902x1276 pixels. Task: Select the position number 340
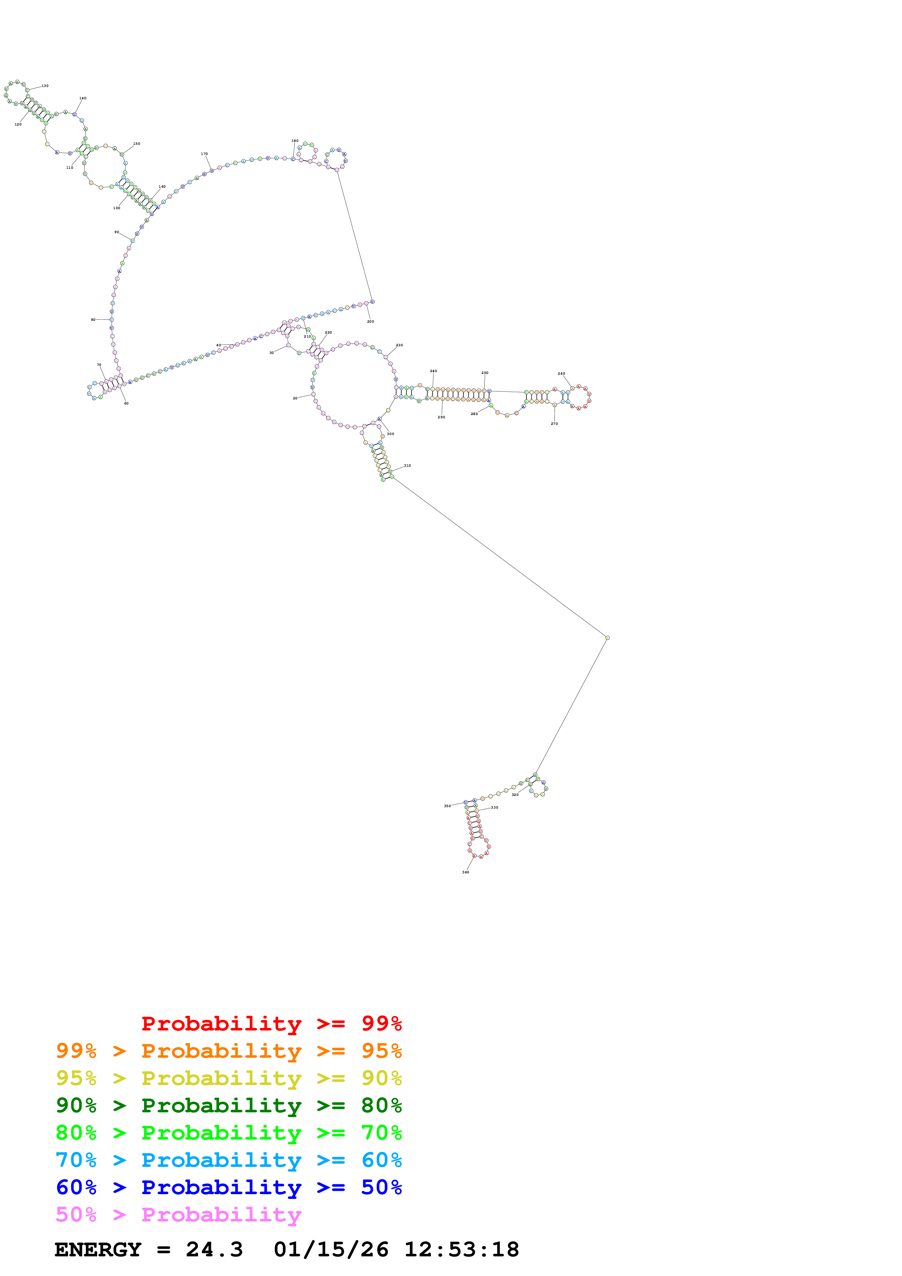(x=466, y=872)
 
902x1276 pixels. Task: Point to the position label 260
(x=561, y=374)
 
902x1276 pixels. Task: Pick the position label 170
(x=204, y=154)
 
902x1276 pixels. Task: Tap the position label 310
(x=408, y=465)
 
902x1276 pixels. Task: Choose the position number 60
(x=126, y=403)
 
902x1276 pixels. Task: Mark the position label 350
(x=448, y=806)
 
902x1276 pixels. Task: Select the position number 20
(x=295, y=398)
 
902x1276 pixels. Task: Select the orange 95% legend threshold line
(x=229, y=1051)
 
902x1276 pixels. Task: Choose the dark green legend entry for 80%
(x=229, y=1105)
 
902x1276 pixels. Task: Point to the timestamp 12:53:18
(x=461, y=1249)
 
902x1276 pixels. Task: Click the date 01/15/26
(x=331, y=1249)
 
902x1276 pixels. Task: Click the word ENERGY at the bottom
(x=98, y=1249)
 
